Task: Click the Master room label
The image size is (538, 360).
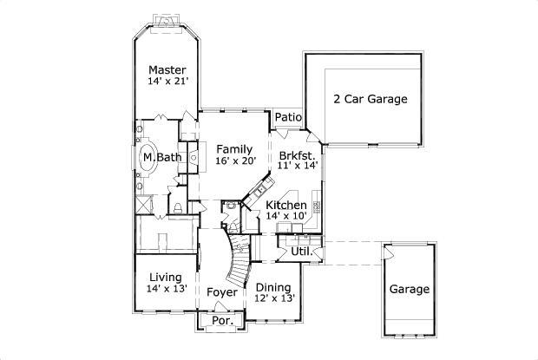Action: click(x=167, y=69)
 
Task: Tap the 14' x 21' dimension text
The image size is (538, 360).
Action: click(x=167, y=82)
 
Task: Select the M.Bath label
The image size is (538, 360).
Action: click(x=162, y=157)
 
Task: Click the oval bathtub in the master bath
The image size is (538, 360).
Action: click(x=148, y=158)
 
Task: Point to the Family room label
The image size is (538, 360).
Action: click(x=234, y=148)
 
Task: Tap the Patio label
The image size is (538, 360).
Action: click(x=288, y=117)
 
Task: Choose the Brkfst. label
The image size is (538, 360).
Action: click(x=298, y=155)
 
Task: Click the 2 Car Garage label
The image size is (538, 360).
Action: click(x=371, y=99)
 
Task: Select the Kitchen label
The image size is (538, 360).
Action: click(x=286, y=205)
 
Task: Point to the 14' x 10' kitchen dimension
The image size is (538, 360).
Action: click(x=286, y=216)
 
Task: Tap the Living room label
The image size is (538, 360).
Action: click(x=165, y=277)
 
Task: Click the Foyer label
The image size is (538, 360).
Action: click(x=222, y=292)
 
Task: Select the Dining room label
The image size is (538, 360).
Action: click(x=273, y=287)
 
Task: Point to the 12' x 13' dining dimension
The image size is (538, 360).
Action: click(x=273, y=298)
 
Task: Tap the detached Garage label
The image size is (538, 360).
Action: click(x=408, y=289)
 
